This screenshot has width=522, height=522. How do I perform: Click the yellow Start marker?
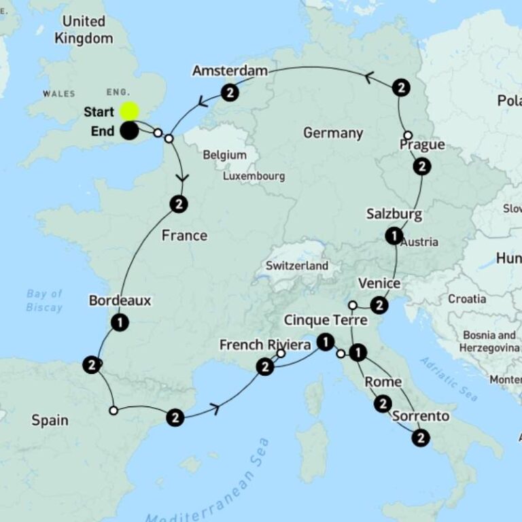(x=129, y=111)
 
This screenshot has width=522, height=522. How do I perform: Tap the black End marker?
(x=129, y=131)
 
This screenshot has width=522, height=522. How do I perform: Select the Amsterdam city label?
(x=230, y=71)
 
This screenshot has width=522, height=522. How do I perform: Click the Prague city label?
(x=422, y=145)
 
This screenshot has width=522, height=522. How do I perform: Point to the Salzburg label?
(x=394, y=214)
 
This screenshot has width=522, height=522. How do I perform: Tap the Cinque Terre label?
(x=325, y=320)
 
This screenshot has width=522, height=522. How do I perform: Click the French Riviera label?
(x=265, y=345)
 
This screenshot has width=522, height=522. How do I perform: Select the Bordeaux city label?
(x=120, y=300)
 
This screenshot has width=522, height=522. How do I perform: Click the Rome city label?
(x=383, y=382)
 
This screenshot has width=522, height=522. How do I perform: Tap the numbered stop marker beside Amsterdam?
(x=230, y=92)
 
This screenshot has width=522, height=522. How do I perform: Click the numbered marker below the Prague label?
(x=422, y=167)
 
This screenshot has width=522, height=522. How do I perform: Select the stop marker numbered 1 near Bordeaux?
(x=120, y=322)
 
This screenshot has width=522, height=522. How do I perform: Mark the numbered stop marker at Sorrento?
(x=421, y=438)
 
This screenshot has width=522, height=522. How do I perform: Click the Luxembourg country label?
(x=254, y=176)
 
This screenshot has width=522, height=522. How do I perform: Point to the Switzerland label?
(x=297, y=266)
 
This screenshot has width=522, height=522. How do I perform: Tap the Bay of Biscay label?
(x=45, y=300)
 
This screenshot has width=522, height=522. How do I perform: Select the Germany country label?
(x=333, y=133)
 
